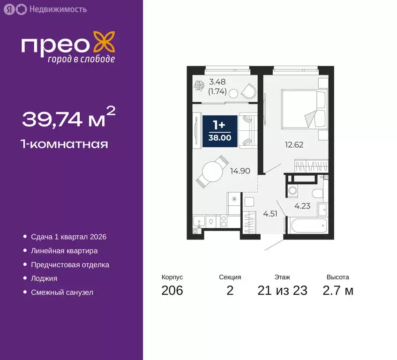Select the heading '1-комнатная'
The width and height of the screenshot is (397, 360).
tap(65, 144)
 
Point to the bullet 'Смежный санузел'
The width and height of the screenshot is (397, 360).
tap(62, 292)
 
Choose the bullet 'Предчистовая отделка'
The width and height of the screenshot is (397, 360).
tap(70, 265)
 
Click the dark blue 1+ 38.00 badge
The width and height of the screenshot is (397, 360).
tap(219, 131)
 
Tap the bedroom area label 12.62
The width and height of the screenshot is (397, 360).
tap(294, 144)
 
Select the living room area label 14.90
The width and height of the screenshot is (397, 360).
tap(240, 171)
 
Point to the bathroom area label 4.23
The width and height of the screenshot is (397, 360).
tap(302, 205)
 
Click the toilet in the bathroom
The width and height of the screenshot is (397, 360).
tap(317, 193)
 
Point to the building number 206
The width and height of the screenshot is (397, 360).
tap(172, 291)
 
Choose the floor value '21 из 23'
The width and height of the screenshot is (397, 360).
tap(282, 291)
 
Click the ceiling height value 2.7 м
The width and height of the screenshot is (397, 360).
tap(337, 291)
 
